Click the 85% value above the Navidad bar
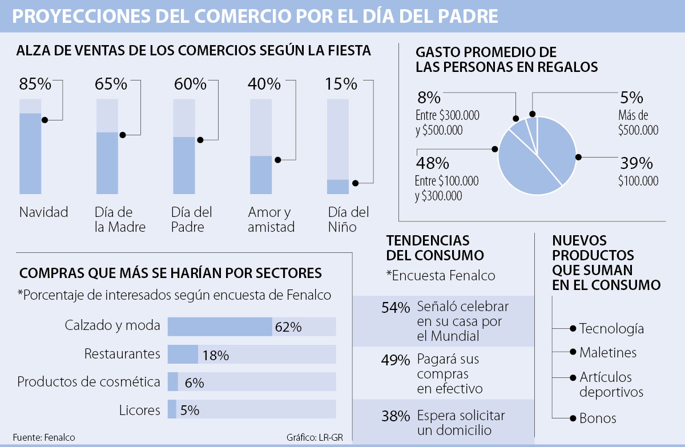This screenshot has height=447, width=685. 35,84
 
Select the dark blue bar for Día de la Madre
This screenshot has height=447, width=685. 107,163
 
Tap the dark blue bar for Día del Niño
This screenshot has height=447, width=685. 338,187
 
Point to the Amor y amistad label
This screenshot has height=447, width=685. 271,220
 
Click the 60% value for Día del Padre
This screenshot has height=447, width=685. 189,84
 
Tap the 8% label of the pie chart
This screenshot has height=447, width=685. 429,97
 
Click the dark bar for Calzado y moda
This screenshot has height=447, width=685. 220,327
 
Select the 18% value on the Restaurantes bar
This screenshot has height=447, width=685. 216,355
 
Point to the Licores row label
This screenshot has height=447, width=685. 140,410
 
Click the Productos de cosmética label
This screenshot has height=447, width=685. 89,382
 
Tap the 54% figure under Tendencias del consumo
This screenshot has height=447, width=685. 396,308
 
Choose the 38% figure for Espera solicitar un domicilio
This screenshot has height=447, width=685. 396,416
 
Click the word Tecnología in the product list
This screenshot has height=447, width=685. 611,329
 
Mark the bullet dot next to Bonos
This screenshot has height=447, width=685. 572,418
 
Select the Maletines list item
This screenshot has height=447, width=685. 607,353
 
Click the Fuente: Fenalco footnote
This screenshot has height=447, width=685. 44,437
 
